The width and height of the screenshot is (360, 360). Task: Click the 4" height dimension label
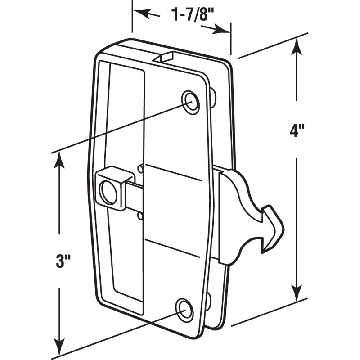click(x=297, y=131)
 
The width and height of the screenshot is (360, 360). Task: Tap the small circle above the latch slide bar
click(x=141, y=169)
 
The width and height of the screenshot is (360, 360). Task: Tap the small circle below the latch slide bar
click(x=141, y=216)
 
